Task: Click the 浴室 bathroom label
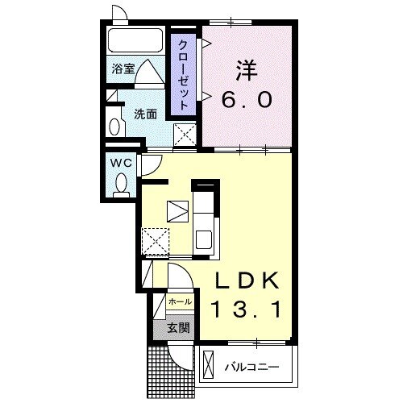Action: coord(123,69)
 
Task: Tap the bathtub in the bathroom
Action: coord(135,40)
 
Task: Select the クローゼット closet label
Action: coord(183,75)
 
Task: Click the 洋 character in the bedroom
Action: coord(247,70)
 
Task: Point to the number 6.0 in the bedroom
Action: coord(247,99)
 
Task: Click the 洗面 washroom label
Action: coord(145,114)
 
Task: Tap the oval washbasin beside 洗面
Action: coord(114,127)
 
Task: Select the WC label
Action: coord(122,163)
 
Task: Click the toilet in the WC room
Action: coord(121,185)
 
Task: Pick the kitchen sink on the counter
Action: coord(203,239)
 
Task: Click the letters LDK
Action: coord(246,280)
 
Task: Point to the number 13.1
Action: coord(246,310)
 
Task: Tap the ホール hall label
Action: coord(180,301)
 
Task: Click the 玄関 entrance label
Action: coord(179,327)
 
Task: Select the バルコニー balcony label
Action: coord(251,367)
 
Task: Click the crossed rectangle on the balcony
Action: coord(209,364)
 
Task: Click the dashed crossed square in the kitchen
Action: coord(156,241)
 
